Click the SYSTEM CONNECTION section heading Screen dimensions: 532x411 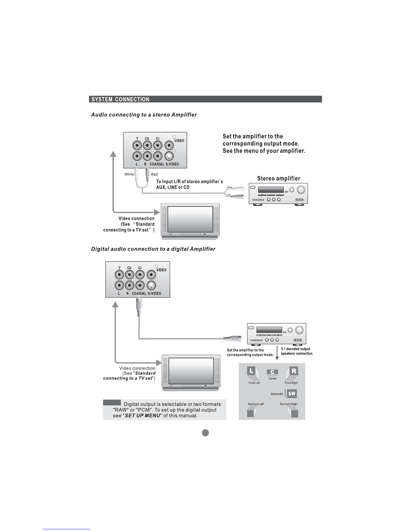[x=121, y=99]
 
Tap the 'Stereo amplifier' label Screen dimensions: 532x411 [x=278, y=178]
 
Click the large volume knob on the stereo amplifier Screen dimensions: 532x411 [x=301, y=190]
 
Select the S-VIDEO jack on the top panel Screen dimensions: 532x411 [x=170, y=156]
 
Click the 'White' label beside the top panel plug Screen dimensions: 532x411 [x=129, y=174]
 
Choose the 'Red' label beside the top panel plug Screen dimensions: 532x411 [x=154, y=174]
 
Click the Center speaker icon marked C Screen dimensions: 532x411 [x=272, y=372]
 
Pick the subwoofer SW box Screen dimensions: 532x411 [x=292, y=394]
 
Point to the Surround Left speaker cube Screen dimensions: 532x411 [x=252, y=412]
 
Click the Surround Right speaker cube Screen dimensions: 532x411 [x=293, y=412]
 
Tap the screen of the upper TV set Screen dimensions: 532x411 [x=190, y=219]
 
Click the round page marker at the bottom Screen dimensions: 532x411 [x=205, y=433]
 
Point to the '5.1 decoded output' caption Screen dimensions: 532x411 [x=296, y=349]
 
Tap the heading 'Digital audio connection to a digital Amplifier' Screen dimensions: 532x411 [x=153, y=249]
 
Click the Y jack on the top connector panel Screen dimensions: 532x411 [x=137, y=145]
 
